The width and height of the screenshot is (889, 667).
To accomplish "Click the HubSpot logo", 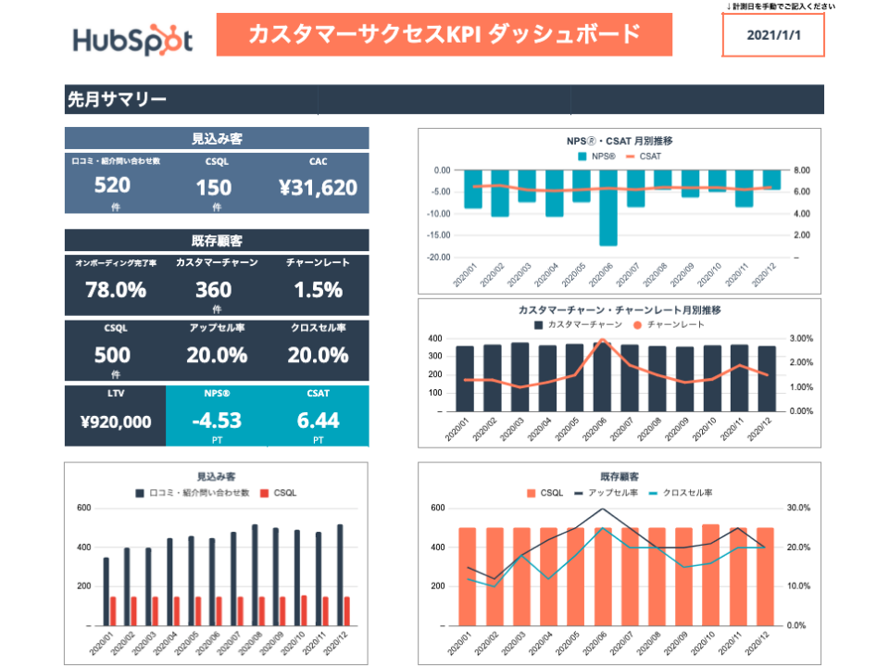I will click(132, 40).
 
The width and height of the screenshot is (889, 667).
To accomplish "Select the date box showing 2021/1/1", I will click(771, 35).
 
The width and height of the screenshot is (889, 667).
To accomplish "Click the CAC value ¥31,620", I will click(318, 188).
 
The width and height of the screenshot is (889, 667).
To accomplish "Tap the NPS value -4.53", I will click(216, 421).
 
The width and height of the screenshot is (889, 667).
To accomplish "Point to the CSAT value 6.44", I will click(318, 421).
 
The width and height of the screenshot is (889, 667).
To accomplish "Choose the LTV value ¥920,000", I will click(116, 422).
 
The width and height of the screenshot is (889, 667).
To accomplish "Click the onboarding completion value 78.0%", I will click(116, 290).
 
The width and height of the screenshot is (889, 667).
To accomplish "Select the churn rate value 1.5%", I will click(318, 290).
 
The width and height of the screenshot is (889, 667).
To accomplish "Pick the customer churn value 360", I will click(214, 290).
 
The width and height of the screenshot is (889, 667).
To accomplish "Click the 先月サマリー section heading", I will click(117, 99).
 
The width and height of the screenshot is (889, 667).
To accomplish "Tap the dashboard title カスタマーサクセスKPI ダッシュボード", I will click(444, 34).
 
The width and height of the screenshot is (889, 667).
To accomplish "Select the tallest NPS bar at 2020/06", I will click(607, 208).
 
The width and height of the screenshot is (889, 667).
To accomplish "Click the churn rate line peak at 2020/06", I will click(602, 341).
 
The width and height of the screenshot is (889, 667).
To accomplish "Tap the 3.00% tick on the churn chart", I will click(802, 339).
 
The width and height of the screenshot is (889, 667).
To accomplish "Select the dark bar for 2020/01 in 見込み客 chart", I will click(106, 591).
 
